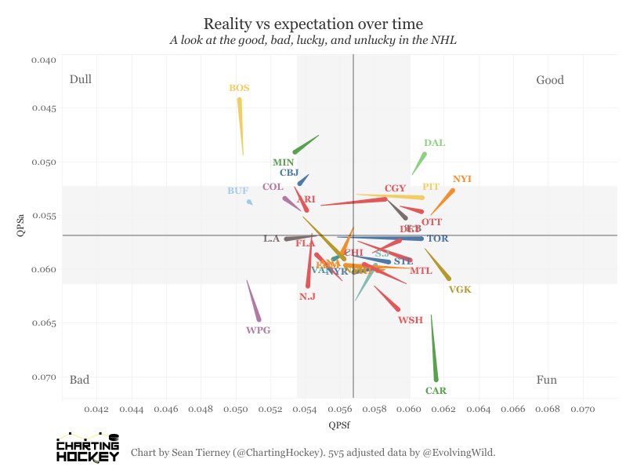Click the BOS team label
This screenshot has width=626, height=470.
[x=239, y=88]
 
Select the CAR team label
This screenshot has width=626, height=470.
[x=436, y=391]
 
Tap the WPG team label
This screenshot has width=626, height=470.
[x=258, y=330]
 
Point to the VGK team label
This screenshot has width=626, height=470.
[x=460, y=290]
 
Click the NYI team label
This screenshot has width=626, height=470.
[x=462, y=179]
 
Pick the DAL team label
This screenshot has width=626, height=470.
[x=434, y=143]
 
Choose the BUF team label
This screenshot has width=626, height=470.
[x=237, y=191]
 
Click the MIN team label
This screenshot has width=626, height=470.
[x=284, y=162]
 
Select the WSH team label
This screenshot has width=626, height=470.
[x=411, y=320]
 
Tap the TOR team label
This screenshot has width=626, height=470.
[x=438, y=239]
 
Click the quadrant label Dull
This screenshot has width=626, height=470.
[x=81, y=80]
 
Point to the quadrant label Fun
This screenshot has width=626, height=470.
[x=547, y=381]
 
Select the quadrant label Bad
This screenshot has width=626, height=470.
[x=79, y=381]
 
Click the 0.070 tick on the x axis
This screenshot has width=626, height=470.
[x=584, y=409]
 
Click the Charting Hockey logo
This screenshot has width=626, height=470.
[x=88, y=446]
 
